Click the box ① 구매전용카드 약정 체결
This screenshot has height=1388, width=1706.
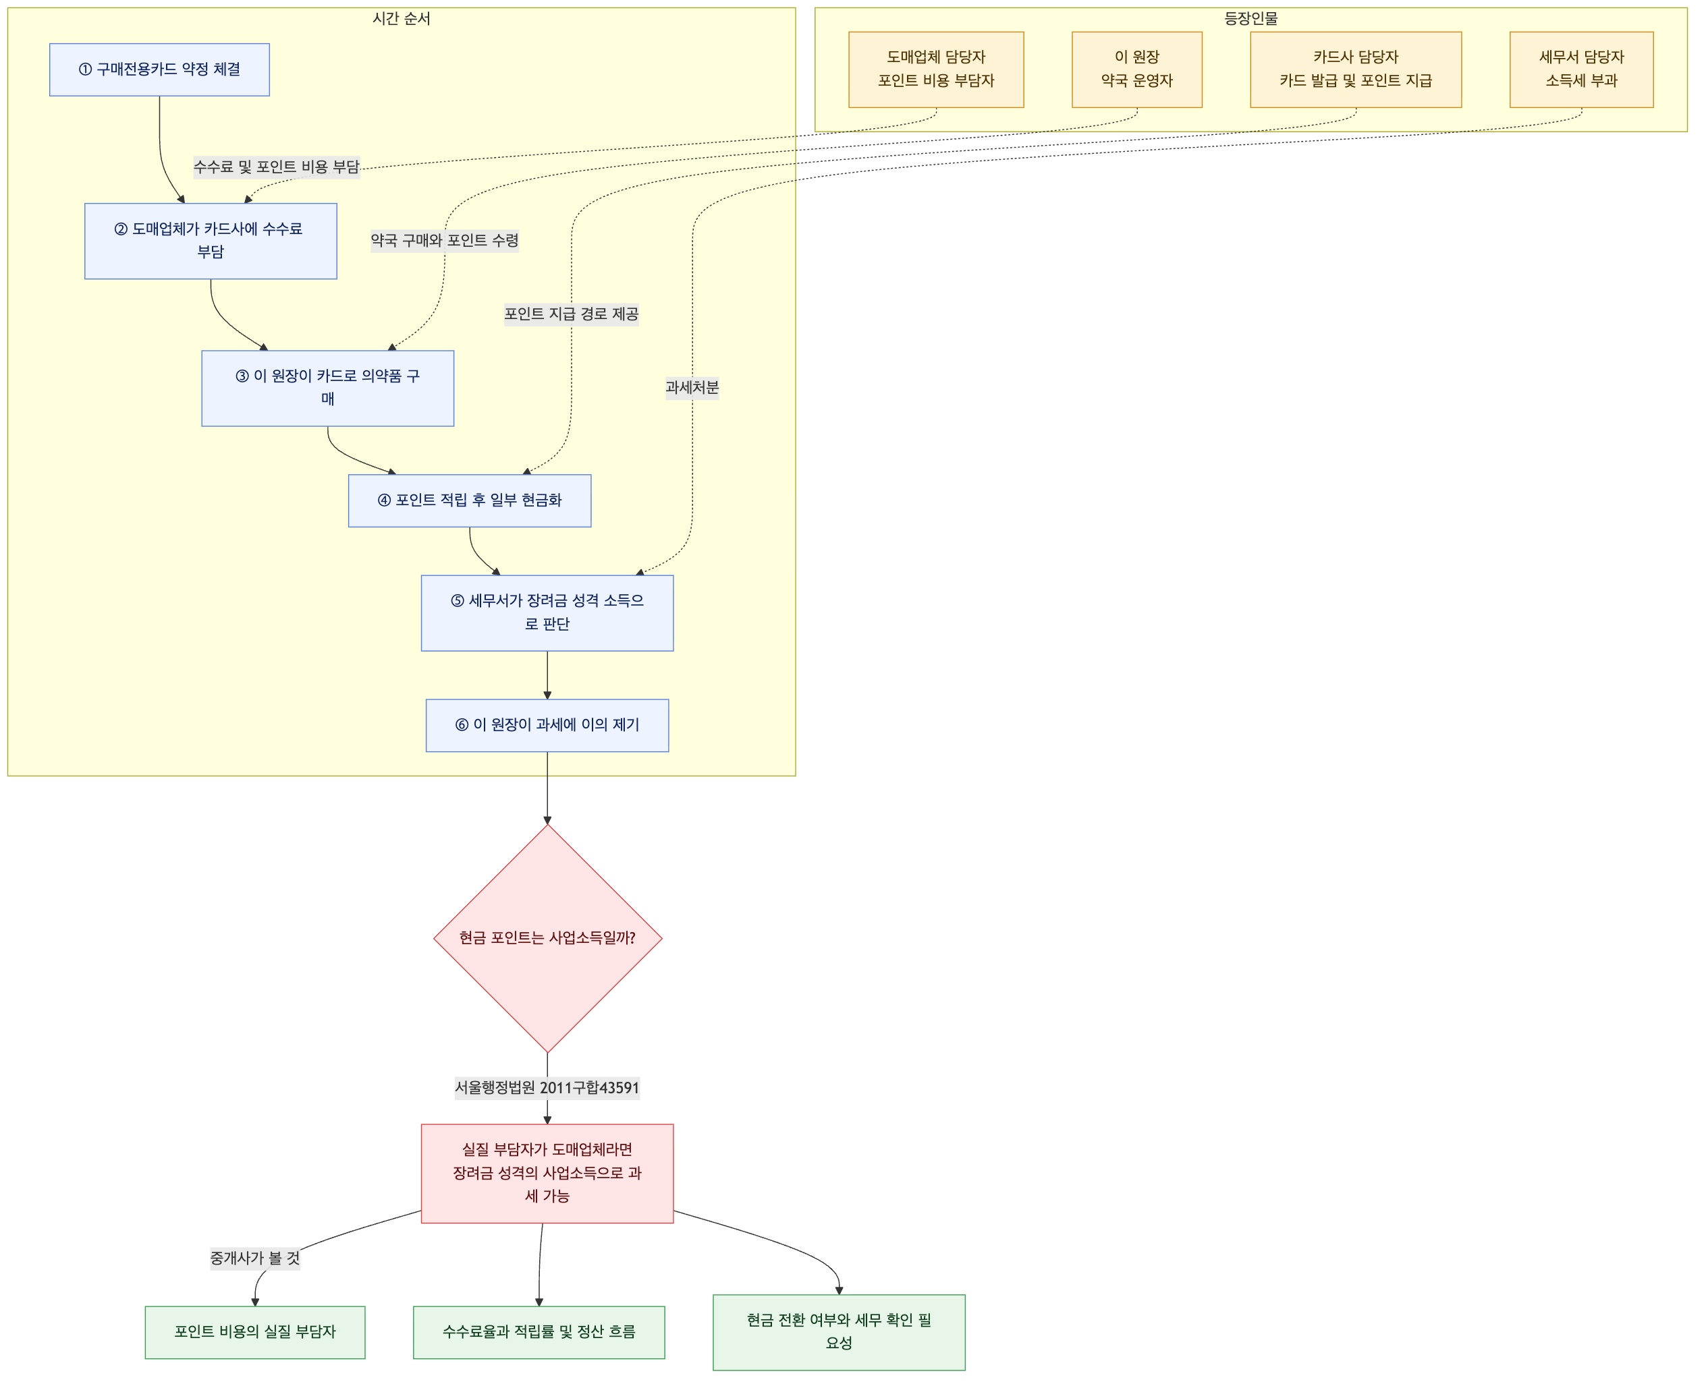point(159,69)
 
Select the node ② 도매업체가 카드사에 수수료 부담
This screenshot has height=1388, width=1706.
point(211,241)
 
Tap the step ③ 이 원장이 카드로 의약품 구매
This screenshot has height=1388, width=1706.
point(327,388)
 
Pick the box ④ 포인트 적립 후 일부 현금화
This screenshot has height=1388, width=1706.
point(470,500)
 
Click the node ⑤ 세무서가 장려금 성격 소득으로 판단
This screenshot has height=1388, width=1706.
point(547,612)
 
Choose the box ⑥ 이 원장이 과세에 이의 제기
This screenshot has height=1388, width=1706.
point(547,725)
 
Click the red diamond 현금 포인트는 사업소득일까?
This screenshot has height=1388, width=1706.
point(547,938)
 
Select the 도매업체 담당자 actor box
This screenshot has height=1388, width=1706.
point(936,69)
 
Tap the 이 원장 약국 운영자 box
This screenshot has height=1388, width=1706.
point(1136,69)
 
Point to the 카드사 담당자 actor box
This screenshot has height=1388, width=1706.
point(1356,69)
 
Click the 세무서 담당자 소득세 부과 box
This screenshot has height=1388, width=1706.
point(1581,69)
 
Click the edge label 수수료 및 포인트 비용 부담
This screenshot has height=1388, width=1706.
point(277,167)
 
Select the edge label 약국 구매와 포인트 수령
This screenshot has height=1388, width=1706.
point(445,240)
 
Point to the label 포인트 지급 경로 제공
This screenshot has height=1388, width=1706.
point(571,314)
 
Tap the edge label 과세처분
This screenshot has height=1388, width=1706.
point(692,387)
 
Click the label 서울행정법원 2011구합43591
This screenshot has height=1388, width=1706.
point(547,1087)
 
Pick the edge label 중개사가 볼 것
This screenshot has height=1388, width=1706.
point(255,1258)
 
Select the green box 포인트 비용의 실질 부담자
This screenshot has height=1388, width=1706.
point(255,1332)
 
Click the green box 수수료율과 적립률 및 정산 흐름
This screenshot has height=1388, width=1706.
point(539,1332)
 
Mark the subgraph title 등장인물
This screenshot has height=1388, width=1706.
point(1251,18)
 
